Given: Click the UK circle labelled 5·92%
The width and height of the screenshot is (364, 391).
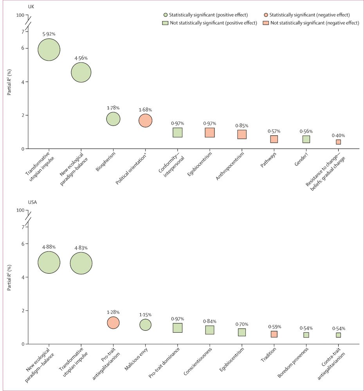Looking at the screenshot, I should click(49, 50).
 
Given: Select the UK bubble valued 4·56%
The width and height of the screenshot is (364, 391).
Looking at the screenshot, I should click(81, 72).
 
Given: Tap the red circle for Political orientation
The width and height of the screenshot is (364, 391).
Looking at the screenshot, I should click(145, 120).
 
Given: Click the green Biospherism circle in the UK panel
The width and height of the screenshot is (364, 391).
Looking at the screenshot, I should click(113, 119).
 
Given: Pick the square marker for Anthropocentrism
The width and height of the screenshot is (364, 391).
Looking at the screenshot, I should click(242, 135).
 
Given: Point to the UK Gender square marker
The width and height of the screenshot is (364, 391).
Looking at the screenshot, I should click(306, 139).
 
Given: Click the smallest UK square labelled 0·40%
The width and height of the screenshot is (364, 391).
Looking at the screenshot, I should click(338, 142).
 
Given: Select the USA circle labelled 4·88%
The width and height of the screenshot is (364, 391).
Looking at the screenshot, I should click(49, 262).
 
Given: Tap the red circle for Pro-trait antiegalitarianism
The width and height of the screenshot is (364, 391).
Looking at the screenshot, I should click(113, 323).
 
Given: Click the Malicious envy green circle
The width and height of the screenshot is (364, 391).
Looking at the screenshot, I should click(145, 325).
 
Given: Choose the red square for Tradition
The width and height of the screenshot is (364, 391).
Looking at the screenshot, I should click(274, 334).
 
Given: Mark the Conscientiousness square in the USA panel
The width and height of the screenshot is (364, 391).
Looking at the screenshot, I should click(210, 330).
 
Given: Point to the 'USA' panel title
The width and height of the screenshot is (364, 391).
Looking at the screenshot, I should click(32, 202).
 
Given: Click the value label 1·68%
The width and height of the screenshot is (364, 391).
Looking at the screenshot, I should click(145, 109).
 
